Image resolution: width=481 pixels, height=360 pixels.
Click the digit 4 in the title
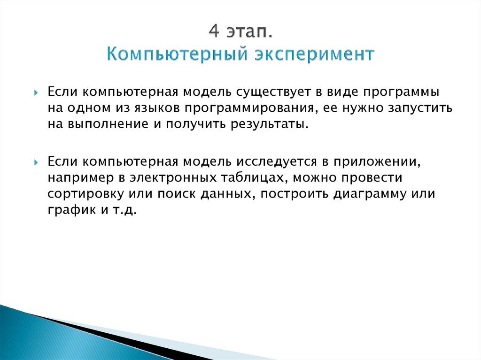point(214,34)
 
